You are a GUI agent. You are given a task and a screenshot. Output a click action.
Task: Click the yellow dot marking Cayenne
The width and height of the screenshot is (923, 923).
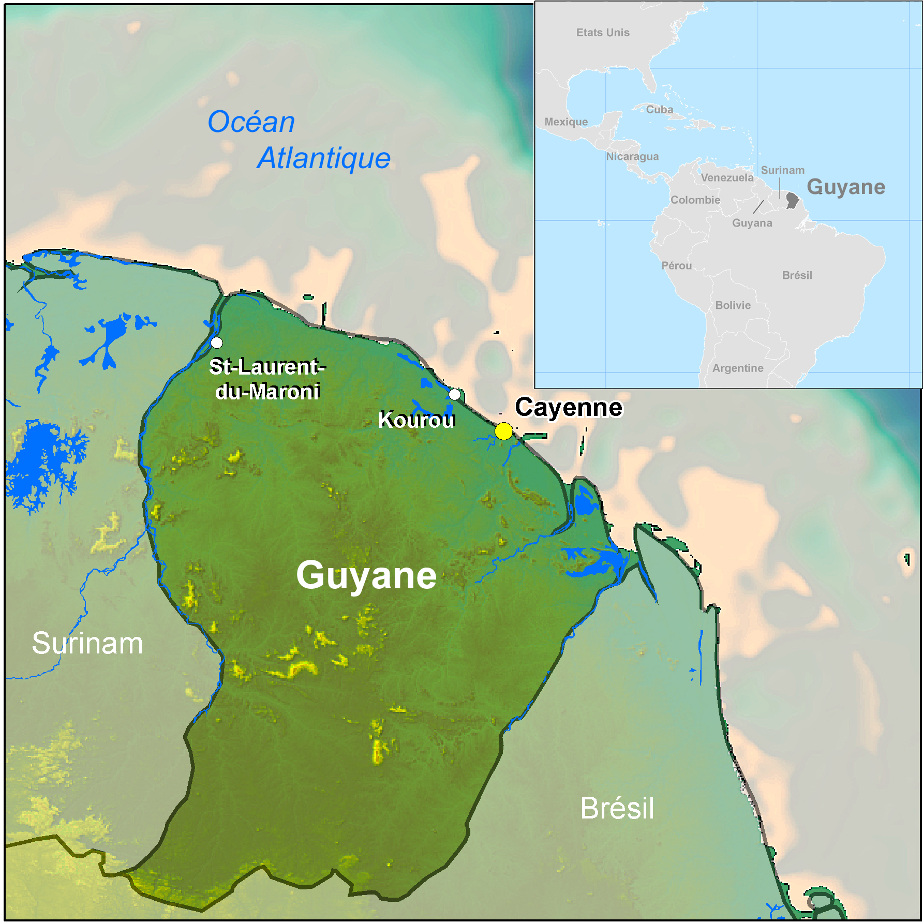click(x=503, y=431)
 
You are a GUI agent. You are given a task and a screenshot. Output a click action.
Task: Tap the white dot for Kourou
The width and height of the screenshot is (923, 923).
click(x=454, y=394)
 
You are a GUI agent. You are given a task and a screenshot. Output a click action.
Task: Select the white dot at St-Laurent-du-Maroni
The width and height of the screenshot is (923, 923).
click(x=217, y=343)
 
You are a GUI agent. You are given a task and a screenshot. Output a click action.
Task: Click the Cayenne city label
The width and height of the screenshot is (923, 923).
click(x=569, y=407)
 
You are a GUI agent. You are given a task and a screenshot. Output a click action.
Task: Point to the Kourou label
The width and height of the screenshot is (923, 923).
click(x=416, y=420)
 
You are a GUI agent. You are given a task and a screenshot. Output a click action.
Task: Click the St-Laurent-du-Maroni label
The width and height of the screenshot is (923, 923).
click(x=267, y=379)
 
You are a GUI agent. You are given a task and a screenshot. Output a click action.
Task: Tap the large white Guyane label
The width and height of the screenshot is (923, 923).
click(x=366, y=575)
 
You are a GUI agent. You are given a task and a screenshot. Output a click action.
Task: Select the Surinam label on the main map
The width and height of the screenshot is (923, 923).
click(x=87, y=643)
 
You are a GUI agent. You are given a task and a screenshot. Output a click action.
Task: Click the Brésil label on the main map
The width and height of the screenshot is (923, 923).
click(x=617, y=808)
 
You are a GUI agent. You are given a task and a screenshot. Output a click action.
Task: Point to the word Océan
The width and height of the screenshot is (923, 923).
click(x=251, y=122)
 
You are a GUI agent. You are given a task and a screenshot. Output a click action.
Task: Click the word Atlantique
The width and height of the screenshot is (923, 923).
click(x=324, y=158)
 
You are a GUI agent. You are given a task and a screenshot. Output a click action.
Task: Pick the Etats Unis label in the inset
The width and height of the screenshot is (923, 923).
click(x=603, y=33)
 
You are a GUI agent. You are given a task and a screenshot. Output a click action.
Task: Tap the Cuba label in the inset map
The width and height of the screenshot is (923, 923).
click(x=660, y=110)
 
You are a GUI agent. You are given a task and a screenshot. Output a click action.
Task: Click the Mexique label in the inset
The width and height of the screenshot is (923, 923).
click(x=566, y=122)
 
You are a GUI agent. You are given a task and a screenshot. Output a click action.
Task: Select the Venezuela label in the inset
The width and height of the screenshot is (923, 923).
click(x=727, y=178)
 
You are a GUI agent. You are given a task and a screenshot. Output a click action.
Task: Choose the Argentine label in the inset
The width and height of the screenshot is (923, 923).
click(x=738, y=368)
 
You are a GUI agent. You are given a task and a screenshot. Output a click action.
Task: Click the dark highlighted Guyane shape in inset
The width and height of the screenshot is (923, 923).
click(x=792, y=200)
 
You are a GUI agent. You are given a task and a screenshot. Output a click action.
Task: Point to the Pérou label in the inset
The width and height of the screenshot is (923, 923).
click(x=677, y=266)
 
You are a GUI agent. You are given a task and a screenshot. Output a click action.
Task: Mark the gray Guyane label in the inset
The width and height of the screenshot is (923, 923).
click(x=846, y=187)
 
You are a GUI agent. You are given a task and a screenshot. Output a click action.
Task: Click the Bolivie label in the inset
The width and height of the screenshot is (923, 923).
click(x=733, y=305)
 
